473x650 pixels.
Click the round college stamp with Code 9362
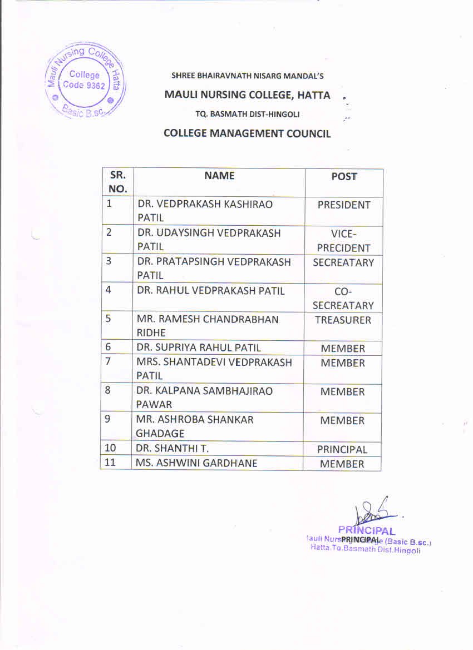(x=85, y=81)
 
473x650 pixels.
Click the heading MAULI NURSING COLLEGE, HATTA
(x=247, y=95)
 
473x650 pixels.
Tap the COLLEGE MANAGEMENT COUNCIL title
(x=247, y=133)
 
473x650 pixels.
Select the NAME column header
(x=219, y=176)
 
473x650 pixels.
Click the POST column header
(x=343, y=176)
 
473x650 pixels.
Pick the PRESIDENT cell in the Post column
(x=343, y=205)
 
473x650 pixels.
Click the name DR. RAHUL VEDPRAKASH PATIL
(x=211, y=291)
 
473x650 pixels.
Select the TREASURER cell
(x=343, y=320)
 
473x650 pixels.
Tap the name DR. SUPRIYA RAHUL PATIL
(x=199, y=348)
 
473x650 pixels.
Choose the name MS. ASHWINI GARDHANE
(x=197, y=463)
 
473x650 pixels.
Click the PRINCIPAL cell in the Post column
(x=342, y=449)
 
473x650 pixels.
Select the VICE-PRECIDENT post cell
(x=343, y=241)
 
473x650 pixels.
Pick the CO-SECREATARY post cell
(x=343, y=299)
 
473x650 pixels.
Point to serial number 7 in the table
(x=109, y=362)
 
